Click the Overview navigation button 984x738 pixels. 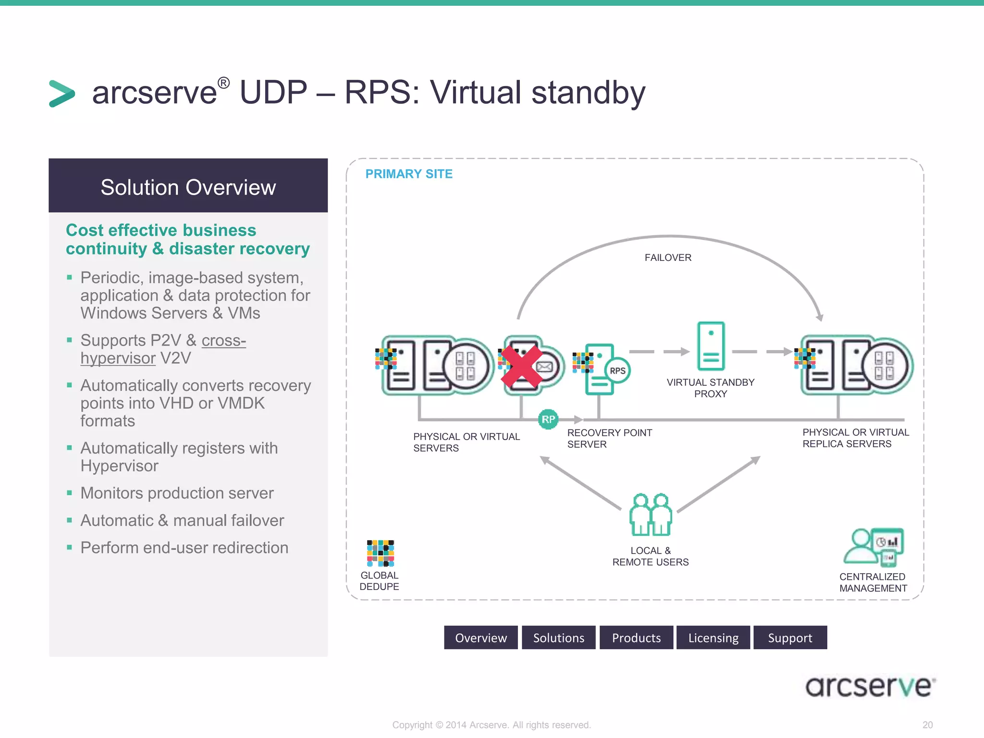click(x=480, y=638)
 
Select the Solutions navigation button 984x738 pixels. click(x=558, y=638)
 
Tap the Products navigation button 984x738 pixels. click(x=636, y=638)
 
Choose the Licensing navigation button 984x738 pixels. click(x=713, y=638)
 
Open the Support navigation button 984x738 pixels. click(x=790, y=638)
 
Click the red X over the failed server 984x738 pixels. click(x=521, y=368)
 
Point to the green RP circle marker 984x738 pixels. click(x=548, y=419)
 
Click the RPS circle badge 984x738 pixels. click(x=617, y=370)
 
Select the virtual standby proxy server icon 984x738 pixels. click(x=711, y=346)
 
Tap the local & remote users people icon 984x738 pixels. click(x=651, y=515)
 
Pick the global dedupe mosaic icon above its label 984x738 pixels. click(x=380, y=553)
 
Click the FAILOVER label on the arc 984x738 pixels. click(x=668, y=258)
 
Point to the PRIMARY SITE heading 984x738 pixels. click(x=409, y=174)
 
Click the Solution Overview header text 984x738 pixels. click(x=188, y=187)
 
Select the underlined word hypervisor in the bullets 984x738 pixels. click(x=118, y=358)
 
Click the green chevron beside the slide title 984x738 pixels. click(x=62, y=93)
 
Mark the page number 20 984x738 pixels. click(x=927, y=725)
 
